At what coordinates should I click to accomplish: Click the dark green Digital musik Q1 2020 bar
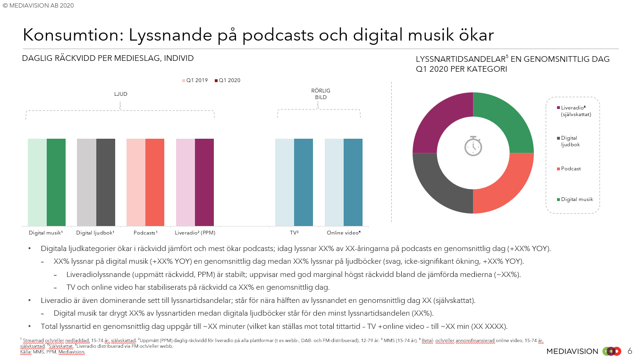click(56, 182)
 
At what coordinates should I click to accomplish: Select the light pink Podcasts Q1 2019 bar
click(136, 182)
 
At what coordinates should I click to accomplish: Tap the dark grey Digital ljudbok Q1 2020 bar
click(106, 182)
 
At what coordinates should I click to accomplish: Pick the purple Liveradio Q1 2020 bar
click(204, 182)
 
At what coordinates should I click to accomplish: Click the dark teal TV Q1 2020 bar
click(304, 182)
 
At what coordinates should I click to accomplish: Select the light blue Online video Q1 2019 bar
click(334, 182)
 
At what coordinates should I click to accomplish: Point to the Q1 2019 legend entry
click(195, 80)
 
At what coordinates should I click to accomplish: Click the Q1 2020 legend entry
click(228, 80)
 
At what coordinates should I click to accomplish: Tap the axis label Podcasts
click(145, 233)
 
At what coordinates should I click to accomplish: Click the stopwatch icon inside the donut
click(473, 146)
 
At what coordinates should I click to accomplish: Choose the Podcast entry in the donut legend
click(571, 168)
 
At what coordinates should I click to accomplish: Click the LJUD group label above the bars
click(121, 94)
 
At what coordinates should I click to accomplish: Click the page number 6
click(630, 351)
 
